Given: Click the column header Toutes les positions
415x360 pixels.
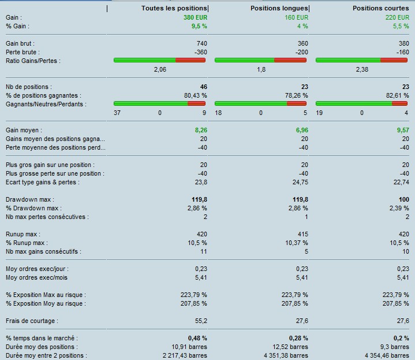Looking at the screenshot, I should [x=174, y=8].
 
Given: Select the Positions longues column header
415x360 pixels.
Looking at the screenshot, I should [x=279, y=8].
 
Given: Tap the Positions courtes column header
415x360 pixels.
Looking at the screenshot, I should [x=381, y=8].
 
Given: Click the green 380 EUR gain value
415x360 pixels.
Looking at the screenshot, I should [x=196, y=17].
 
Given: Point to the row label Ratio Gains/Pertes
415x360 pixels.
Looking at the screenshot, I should [x=32, y=61].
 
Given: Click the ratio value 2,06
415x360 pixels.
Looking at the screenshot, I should [x=160, y=69].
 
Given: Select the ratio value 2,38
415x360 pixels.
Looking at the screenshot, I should [x=362, y=69].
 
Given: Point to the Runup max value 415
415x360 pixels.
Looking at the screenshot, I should [x=301, y=234].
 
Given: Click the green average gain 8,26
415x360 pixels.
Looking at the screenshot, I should [x=199, y=130].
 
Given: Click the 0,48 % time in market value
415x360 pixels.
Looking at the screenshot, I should [x=197, y=338].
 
